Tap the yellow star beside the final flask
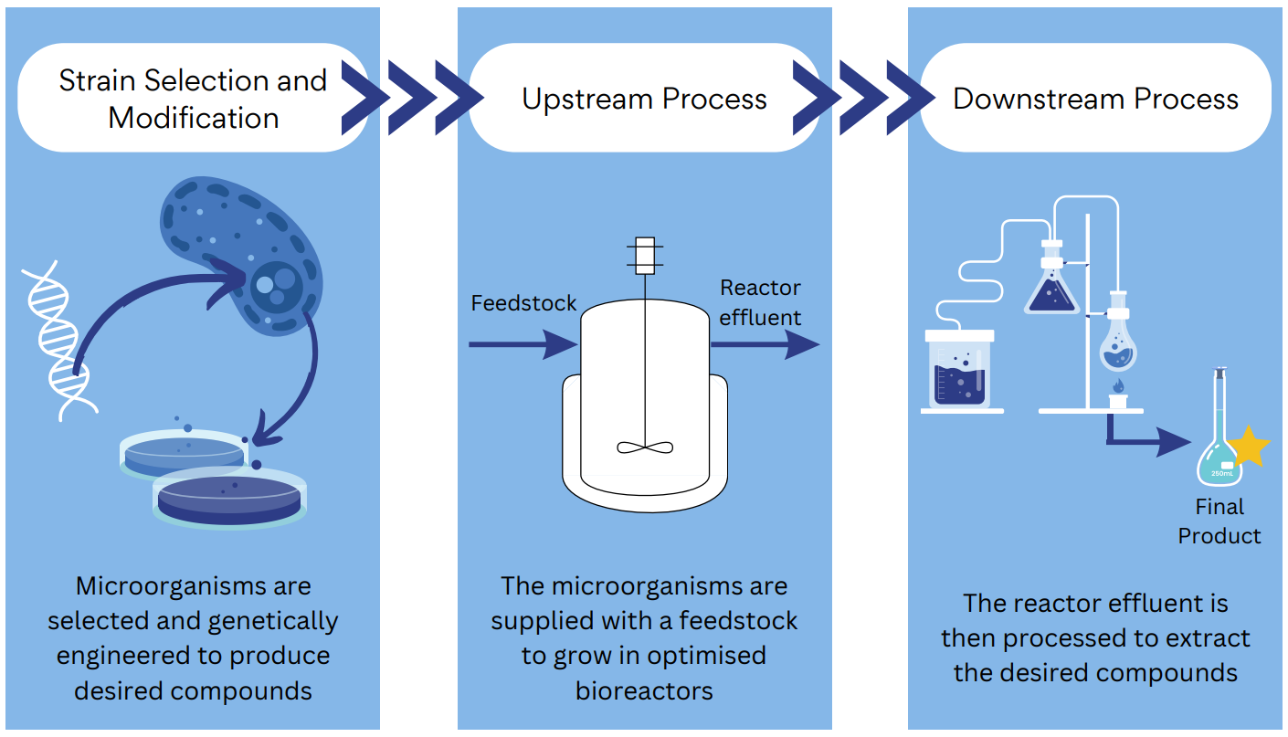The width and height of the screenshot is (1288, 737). click(1248, 447)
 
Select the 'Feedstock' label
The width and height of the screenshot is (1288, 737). click(523, 303)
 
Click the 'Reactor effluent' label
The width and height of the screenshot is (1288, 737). click(760, 302)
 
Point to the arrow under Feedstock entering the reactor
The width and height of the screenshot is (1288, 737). click(522, 344)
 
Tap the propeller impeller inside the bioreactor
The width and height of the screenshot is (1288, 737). click(645, 447)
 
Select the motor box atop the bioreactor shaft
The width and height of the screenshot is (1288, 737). click(645, 256)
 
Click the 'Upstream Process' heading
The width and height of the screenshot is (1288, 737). click(644, 99)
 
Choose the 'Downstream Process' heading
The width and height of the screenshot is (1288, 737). click(1095, 99)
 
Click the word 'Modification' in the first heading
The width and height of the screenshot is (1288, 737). click(194, 118)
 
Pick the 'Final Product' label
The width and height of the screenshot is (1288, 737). click(1219, 521)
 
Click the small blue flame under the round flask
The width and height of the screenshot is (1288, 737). click(1117, 386)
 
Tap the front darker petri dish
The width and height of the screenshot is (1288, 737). click(229, 499)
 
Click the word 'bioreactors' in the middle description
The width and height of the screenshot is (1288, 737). click(644, 690)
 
